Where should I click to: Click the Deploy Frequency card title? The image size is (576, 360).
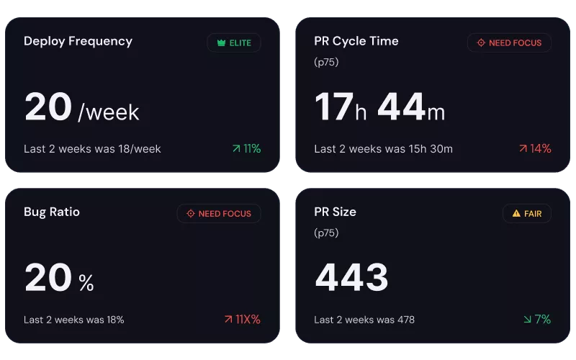pos(78,41)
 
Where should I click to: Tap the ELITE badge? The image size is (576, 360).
pos(234,42)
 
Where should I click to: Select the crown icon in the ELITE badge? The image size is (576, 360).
pos(222,42)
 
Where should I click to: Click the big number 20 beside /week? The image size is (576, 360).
pos(48,107)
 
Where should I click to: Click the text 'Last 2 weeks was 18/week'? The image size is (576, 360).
pos(92,149)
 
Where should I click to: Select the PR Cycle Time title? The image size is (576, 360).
pos(356,41)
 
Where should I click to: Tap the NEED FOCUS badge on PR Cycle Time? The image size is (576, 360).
pos(509,42)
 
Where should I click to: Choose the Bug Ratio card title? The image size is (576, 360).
pos(52,212)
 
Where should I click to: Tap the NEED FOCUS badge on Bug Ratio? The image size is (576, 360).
pos(219,213)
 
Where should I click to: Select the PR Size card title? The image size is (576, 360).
pos(336,212)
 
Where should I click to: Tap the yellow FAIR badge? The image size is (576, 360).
pos(527,213)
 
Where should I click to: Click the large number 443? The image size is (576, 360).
pos(352,278)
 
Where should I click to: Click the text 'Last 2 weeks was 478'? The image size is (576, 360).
pos(364,319)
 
